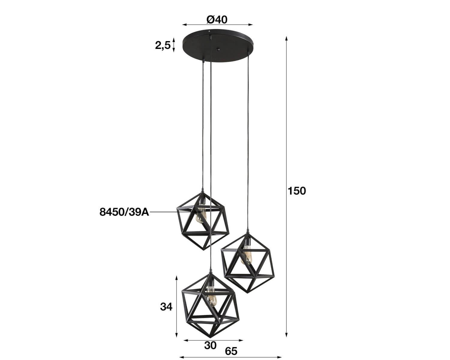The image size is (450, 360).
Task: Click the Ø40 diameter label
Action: pyautogui.click(x=217, y=20)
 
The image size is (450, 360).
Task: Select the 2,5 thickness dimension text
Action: pyautogui.click(x=163, y=45)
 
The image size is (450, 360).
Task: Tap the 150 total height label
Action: pyautogui.click(x=297, y=191)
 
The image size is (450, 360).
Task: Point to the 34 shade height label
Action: pyautogui.click(x=166, y=307)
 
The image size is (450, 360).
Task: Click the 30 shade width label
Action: pyautogui.click(x=210, y=346)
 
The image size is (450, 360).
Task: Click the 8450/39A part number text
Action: pyautogui.click(x=124, y=212)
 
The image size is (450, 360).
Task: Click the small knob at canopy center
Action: pyautogui.click(x=218, y=49)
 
